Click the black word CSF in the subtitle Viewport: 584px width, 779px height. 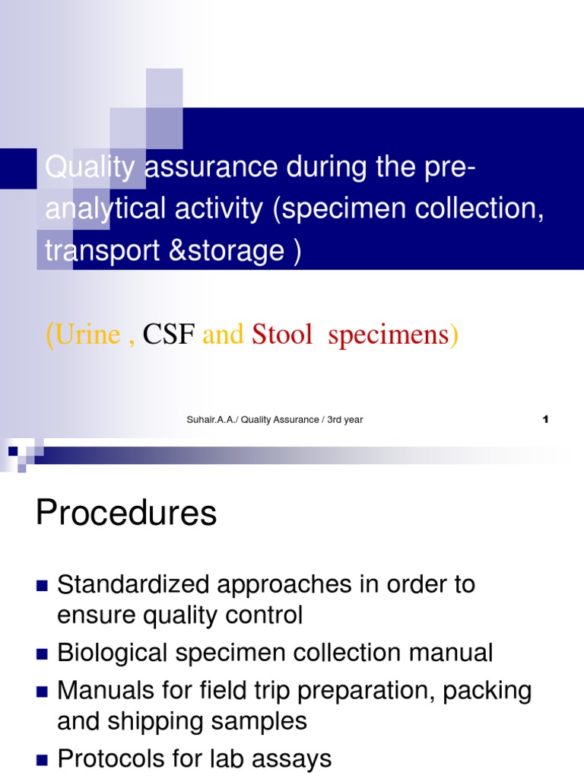point(170,334)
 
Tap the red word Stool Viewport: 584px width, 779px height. point(282,334)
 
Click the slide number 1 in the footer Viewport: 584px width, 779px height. point(546,419)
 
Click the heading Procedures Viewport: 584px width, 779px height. point(126,514)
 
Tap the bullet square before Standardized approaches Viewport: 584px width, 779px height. point(42,586)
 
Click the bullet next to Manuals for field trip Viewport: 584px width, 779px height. point(42,692)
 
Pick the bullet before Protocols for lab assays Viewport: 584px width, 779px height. point(42,759)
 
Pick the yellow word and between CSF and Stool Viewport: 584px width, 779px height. point(223,334)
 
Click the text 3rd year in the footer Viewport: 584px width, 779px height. point(345,420)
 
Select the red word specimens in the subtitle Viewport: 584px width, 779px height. point(389,334)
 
